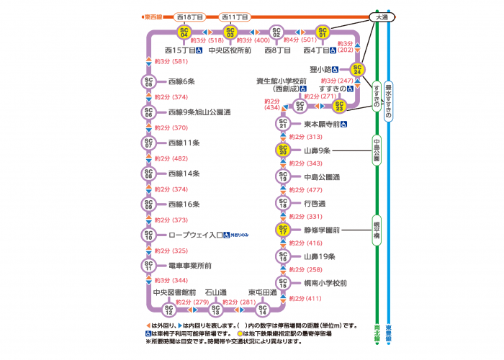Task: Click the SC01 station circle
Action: (x=323, y=32)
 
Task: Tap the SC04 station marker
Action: (x=184, y=32)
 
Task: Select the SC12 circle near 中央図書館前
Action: (x=169, y=310)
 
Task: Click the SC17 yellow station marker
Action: (x=283, y=231)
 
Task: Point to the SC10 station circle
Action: (x=148, y=235)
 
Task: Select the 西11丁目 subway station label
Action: (x=234, y=16)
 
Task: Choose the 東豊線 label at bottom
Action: (x=389, y=331)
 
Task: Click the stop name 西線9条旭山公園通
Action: (x=199, y=112)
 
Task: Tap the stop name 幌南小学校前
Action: (x=325, y=283)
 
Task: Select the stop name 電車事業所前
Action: (x=189, y=266)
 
